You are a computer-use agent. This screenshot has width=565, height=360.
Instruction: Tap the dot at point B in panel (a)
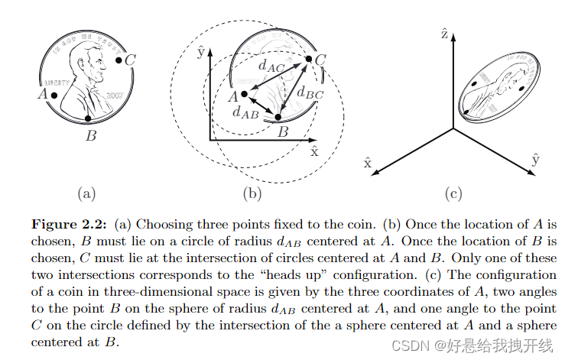point(89,118)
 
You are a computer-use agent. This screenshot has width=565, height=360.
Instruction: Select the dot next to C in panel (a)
point(119,59)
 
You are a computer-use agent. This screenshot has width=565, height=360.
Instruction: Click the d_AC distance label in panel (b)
point(270,66)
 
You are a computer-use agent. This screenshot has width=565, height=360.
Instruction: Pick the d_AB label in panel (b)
point(244,112)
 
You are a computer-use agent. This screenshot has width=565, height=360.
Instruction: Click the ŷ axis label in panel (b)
point(200,53)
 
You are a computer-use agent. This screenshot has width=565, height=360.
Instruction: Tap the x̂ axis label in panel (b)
point(314,150)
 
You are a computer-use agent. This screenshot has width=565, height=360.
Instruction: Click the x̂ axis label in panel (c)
point(368,162)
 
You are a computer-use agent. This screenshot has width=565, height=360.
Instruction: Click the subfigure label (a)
point(86,193)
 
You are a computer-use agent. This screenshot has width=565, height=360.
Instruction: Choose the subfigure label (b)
point(252,193)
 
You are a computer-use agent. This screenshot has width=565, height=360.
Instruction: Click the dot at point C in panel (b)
point(308,59)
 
